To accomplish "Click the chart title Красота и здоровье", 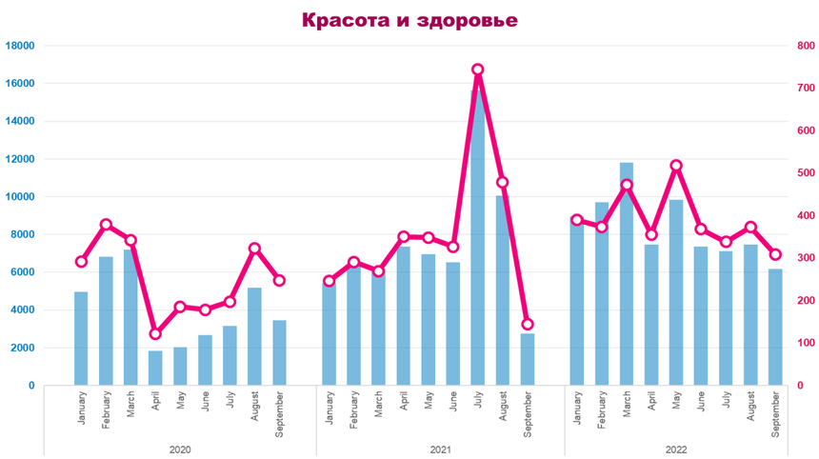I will click(409, 20).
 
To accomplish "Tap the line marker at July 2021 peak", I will click(478, 70).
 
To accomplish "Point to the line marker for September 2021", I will click(528, 324).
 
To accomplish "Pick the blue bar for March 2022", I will click(627, 276).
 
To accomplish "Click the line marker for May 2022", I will click(676, 166).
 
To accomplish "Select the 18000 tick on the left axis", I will click(20, 46).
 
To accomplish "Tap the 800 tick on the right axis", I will click(805, 46).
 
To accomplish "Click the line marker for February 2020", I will click(106, 225).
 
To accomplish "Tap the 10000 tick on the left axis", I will click(20, 197).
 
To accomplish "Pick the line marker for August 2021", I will click(503, 182).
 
